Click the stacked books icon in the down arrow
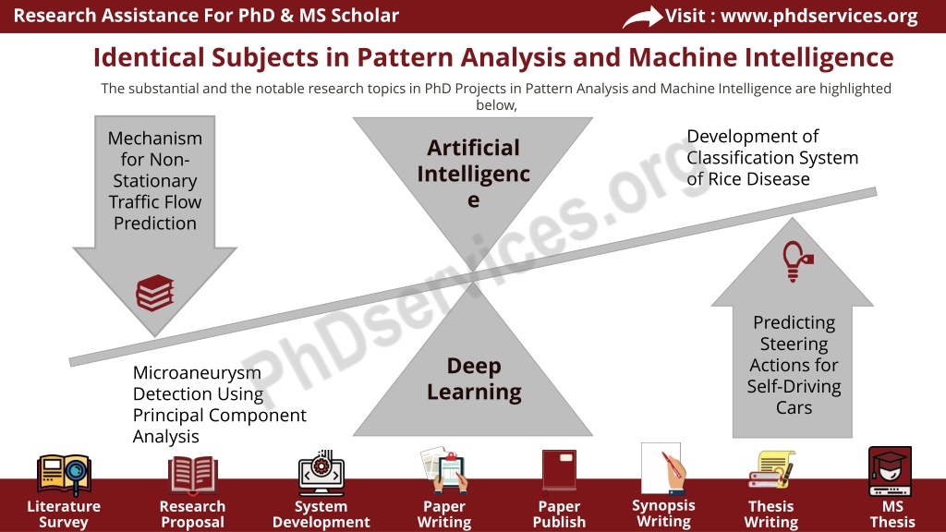(155, 293)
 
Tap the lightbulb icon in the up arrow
(797, 261)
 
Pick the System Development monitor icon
(321, 473)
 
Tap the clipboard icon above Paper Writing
(444, 469)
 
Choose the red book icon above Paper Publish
(559, 470)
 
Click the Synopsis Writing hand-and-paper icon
(663, 469)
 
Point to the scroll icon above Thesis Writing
(771, 469)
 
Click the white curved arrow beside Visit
(642, 17)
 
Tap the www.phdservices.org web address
(819, 16)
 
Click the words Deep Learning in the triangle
(474, 379)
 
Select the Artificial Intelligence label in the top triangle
(474, 174)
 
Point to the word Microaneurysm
(198, 373)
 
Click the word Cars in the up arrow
(794, 407)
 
